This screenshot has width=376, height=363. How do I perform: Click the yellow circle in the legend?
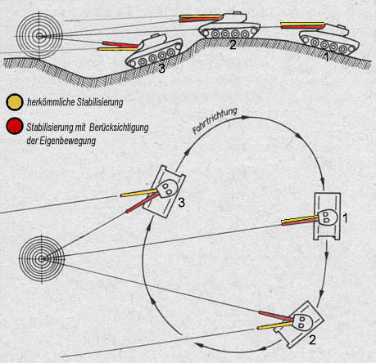tap(15, 102)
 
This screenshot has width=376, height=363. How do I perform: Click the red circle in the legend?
tap(15, 126)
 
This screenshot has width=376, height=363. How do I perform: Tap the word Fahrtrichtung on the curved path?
tap(215, 121)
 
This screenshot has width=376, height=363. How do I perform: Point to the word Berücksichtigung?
tap(119, 128)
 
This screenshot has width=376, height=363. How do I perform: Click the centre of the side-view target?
tap(39, 36)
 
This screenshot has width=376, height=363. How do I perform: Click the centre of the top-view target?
tap(42, 259)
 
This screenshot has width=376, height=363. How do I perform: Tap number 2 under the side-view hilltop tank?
tap(233, 45)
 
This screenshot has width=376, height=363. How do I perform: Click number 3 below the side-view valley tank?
tap(162, 69)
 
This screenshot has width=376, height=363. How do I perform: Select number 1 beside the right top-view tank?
tap(345, 218)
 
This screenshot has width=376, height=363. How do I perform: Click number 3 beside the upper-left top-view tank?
tap(181, 203)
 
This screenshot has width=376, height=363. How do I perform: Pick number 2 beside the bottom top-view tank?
tap(312, 339)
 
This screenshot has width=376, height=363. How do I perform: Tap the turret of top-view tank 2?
tap(302, 322)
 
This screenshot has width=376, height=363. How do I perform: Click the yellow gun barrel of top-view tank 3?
tap(139, 193)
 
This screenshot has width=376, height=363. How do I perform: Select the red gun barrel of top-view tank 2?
tap(276, 316)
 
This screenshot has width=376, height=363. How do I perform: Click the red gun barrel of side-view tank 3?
tap(120, 45)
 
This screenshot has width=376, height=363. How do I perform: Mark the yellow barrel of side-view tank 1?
tap(302, 24)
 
